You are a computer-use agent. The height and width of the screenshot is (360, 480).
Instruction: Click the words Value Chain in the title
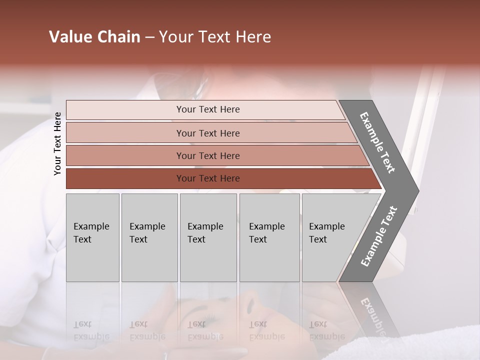click(94, 37)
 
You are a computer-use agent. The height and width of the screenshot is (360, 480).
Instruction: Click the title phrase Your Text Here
click(215, 37)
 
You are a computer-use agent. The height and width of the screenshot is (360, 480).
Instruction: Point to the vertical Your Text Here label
click(57, 143)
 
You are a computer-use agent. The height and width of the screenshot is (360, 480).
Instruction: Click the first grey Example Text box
click(92, 237)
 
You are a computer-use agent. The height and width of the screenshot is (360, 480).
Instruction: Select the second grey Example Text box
click(149, 237)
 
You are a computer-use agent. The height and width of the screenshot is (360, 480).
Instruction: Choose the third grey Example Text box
click(208, 237)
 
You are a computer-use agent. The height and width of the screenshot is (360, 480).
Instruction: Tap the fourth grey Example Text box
click(269, 237)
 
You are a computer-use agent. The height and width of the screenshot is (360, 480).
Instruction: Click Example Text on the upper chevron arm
click(377, 142)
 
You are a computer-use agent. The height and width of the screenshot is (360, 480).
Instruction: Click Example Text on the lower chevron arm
click(379, 236)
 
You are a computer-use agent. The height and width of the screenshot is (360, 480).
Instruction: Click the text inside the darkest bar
click(208, 178)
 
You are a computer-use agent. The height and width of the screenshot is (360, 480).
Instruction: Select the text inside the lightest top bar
click(208, 109)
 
